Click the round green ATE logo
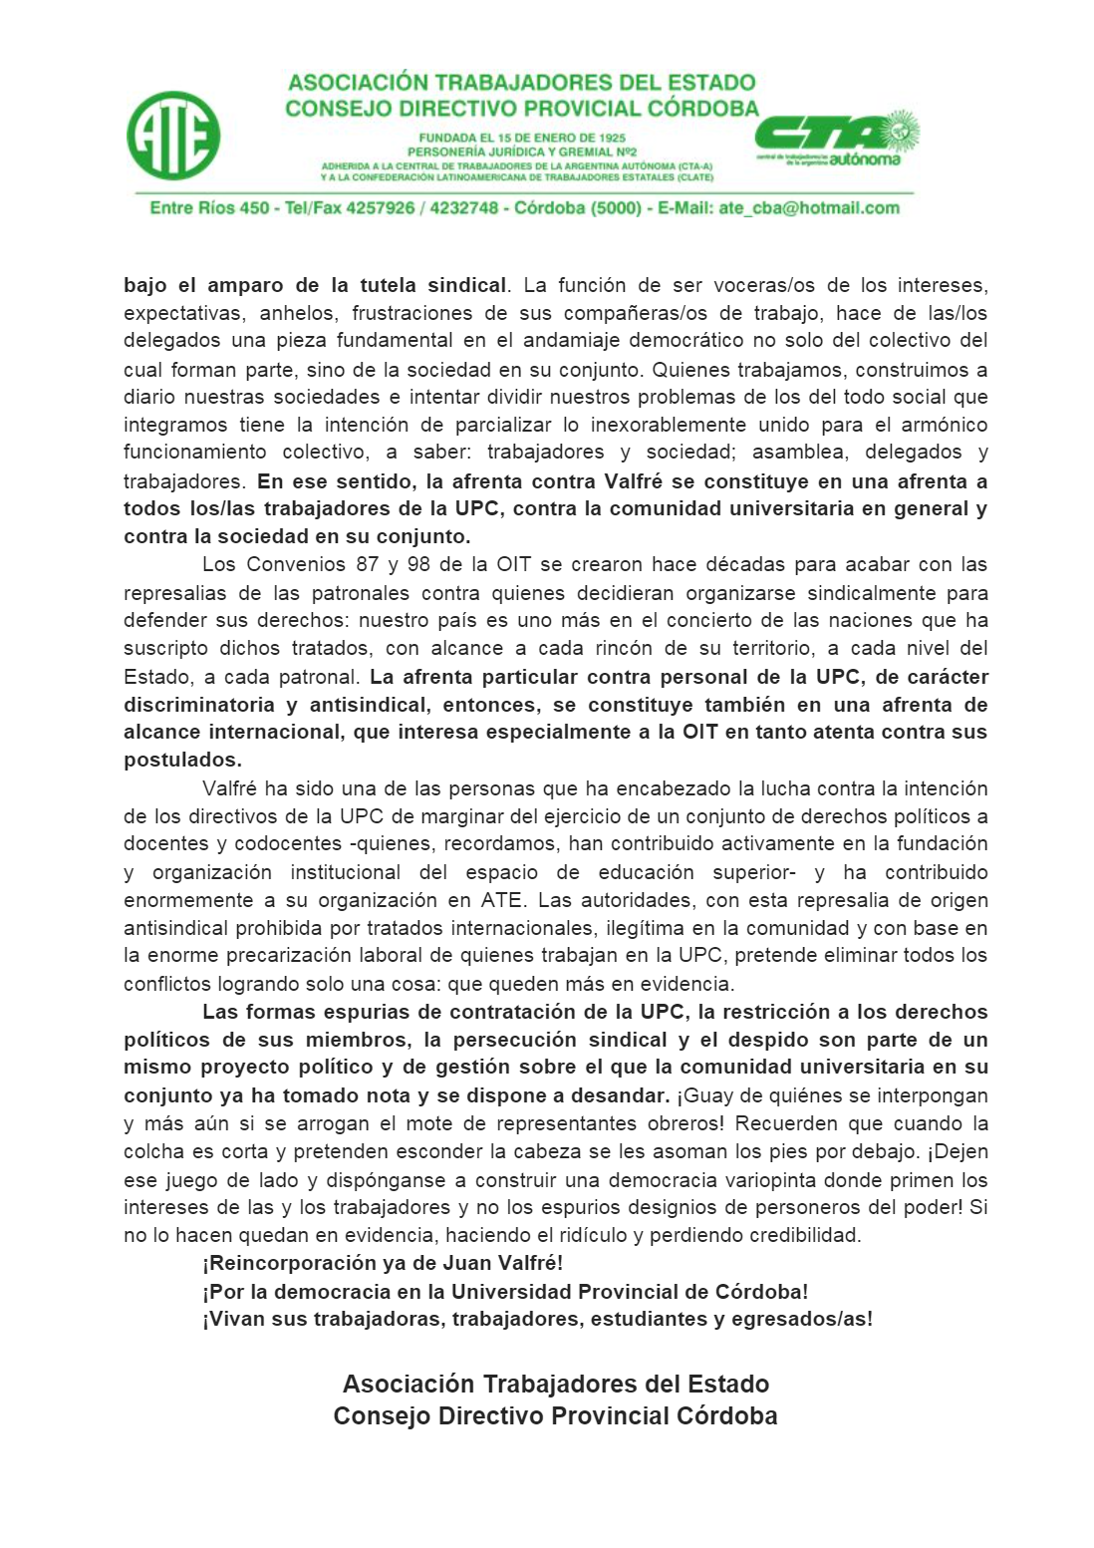[173, 136]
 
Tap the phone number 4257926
[380, 208]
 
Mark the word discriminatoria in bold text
[199, 705]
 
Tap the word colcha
[153, 1151]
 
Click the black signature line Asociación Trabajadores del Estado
[556, 1384]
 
